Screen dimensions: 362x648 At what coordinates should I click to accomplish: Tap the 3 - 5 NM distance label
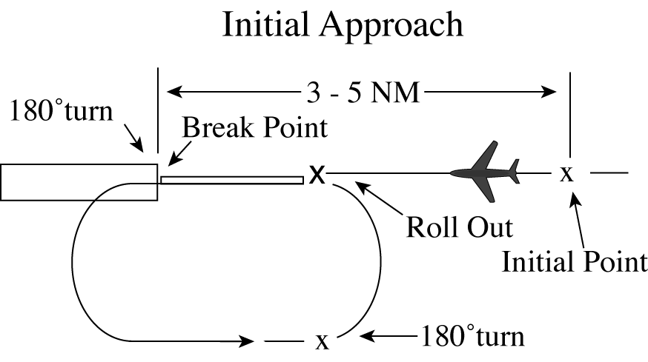pos(361,93)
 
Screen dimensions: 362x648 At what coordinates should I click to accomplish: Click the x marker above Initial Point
pos(566,173)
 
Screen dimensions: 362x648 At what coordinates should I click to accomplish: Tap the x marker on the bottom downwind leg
pos(322,341)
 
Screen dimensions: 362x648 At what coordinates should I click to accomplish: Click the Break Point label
pos(255,127)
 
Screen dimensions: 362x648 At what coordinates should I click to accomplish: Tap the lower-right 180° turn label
pos(472,336)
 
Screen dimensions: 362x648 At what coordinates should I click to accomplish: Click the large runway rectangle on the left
pos(79,182)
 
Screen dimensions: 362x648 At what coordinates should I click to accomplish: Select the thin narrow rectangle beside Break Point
pos(232,179)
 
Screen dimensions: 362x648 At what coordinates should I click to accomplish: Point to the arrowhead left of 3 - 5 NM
pos(172,93)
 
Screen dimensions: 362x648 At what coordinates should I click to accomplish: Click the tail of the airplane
pos(514,171)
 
